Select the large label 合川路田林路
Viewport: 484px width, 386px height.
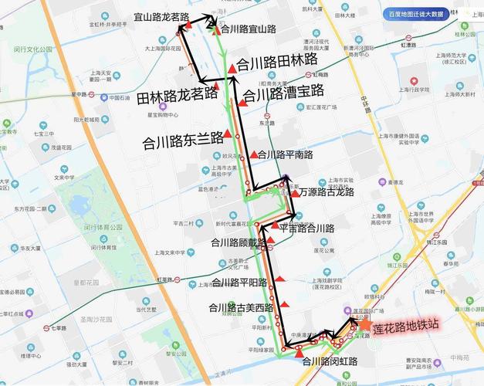(277, 60)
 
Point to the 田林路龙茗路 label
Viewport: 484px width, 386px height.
(177, 96)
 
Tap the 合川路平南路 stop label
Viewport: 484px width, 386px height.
(286, 155)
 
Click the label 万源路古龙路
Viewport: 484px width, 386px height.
(327, 191)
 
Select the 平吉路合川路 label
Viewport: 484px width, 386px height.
(306, 229)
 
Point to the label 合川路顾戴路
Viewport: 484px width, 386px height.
(238, 242)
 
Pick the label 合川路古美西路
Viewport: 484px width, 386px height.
(241, 307)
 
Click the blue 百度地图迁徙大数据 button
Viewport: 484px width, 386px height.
(415, 14)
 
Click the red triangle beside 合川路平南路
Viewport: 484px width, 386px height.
(253, 155)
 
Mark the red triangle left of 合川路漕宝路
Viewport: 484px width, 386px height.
(242, 102)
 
